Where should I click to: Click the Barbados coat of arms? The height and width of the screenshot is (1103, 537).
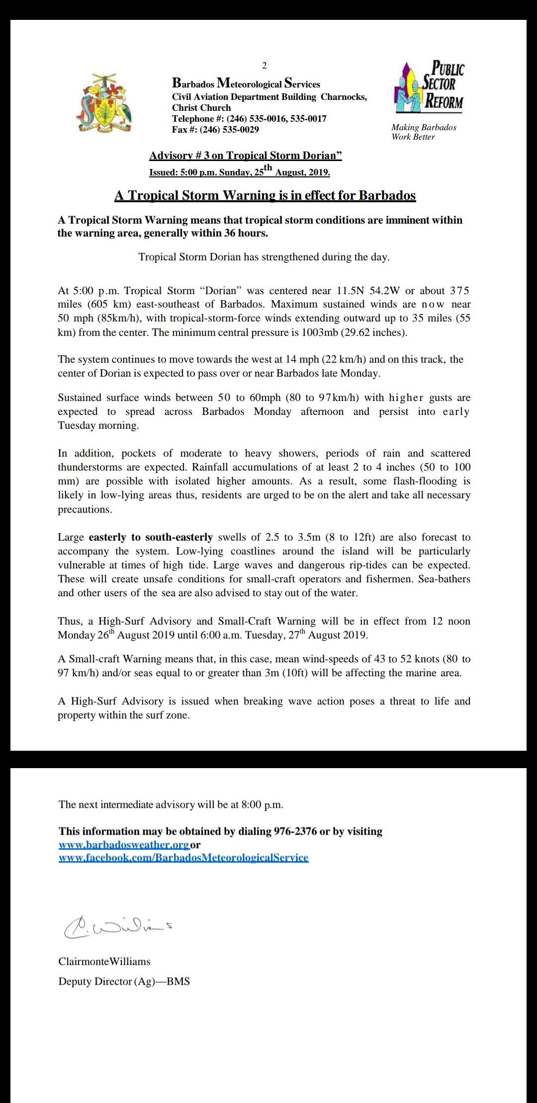pos(104,103)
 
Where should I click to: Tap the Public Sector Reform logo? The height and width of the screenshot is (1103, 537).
pos(428,87)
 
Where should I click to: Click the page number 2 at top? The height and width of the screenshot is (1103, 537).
pos(264,66)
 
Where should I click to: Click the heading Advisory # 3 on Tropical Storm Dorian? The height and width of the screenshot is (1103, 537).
pos(246,156)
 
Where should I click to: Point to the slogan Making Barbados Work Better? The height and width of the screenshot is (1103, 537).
pos(423,132)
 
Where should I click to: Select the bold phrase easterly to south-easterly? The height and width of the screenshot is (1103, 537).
pos(151,537)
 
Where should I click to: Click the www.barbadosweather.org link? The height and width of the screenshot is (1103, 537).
pos(124,845)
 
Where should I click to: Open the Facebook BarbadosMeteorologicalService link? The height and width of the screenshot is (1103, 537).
pos(183,858)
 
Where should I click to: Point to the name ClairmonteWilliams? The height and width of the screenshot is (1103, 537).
pos(104,961)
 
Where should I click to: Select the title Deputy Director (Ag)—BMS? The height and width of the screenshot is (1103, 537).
pos(124,981)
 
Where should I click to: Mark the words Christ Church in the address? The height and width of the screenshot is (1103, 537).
pos(201,108)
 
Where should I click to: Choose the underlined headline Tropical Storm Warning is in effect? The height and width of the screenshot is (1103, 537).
pos(265,195)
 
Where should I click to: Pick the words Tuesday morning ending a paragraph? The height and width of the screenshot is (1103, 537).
pos(98,425)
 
